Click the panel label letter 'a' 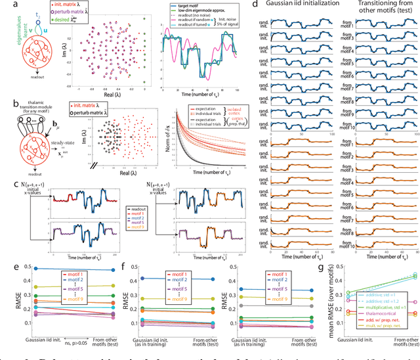(5, 5)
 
